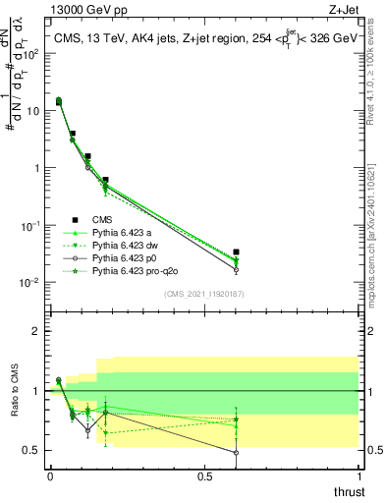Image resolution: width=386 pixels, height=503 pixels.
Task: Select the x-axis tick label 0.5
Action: point(204,476)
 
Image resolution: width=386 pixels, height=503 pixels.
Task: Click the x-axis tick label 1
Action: point(358,476)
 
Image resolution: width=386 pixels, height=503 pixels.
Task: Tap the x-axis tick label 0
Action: point(50,476)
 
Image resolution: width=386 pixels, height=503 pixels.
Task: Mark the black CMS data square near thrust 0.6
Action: point(236,252)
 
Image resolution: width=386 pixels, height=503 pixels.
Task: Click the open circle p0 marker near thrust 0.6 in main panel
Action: point(236,269)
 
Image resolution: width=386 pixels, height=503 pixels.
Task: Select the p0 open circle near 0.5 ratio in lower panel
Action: point(236,453)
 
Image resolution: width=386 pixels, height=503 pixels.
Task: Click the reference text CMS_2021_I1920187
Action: point(204,294)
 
